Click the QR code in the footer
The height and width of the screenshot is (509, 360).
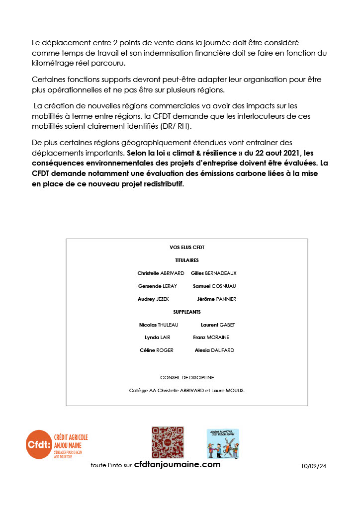[168, 442]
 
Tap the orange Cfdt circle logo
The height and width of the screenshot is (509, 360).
[39, 444]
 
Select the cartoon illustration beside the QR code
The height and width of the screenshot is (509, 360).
[223, 443]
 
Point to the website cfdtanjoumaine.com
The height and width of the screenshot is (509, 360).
[178, 464]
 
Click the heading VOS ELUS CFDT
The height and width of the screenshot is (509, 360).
[187, 247]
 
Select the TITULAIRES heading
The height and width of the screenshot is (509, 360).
[187, 260]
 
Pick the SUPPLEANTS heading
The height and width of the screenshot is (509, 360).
[187, 312]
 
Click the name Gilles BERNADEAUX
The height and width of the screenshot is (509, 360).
[214, 273]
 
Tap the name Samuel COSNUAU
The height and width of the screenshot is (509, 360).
[214, 286]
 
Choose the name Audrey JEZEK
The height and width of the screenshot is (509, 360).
[153, 299]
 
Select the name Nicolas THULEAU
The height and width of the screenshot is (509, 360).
[159, 325]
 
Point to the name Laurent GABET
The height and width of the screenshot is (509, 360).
[218, 325]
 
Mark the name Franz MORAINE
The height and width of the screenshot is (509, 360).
[211, 337]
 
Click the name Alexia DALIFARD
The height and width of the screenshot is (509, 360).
[214, 350]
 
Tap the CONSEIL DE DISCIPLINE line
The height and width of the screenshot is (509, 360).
[187, 378]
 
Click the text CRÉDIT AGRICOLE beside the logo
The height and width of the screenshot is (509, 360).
[71, 437]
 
